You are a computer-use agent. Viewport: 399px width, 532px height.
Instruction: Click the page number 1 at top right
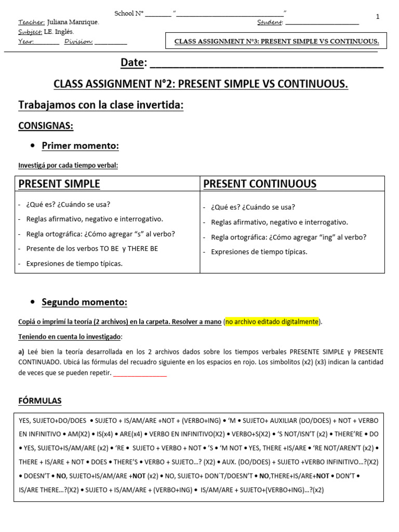pos(378,17)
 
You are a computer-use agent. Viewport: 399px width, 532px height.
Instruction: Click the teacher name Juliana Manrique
pos(73,22)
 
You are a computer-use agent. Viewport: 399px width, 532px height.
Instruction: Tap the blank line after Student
pos(322,23)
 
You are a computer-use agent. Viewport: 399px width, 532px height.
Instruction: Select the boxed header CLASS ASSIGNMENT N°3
pos(276,41)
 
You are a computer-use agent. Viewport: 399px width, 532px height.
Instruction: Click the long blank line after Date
pos(266,64)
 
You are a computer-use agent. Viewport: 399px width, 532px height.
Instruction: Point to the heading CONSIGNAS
pos(46,126)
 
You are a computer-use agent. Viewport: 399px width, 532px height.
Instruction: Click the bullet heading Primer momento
pos(80,146)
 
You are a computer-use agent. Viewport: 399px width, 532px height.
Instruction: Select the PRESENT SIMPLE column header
pos(59,184)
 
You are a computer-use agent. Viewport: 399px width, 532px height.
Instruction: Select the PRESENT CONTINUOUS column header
pos(260,184)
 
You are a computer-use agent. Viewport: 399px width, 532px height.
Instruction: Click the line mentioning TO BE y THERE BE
pos(92,249)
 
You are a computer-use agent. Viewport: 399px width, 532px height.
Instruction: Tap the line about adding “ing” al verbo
pos(288,237)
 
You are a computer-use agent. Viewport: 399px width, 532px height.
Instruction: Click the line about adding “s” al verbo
pos(100,234)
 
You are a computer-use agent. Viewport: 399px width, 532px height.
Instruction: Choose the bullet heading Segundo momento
pos(84,302)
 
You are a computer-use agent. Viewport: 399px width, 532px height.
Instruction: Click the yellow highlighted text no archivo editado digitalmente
pos(272,322)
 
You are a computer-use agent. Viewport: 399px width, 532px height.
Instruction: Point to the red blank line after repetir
pos(140,374)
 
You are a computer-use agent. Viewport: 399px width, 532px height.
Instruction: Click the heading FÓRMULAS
pos(40,401)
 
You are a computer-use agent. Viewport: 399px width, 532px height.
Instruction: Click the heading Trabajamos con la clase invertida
pos(101,105)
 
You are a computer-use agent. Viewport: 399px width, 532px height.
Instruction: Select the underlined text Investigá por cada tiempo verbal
pos(68,165)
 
